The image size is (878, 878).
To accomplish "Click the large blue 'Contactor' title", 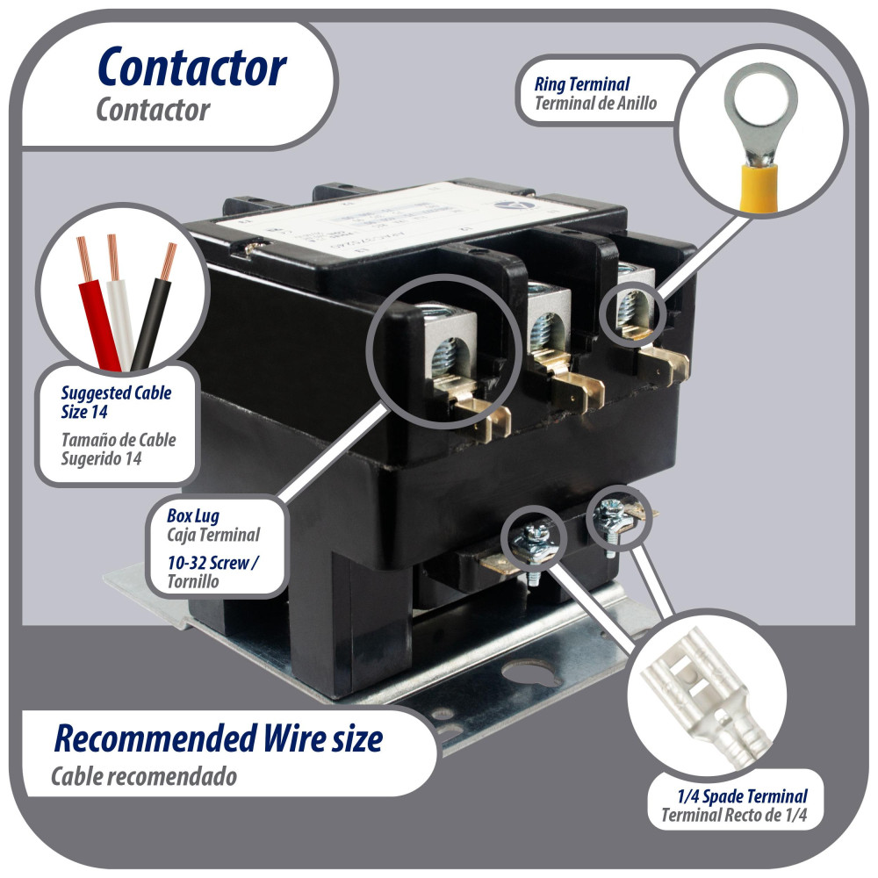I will (191, 68).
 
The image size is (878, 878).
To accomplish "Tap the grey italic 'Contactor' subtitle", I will (153, 111).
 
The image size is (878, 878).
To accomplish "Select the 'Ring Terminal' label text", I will (582, 85).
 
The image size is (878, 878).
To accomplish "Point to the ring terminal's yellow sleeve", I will (760, 185).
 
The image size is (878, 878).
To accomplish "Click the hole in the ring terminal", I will (760, 99).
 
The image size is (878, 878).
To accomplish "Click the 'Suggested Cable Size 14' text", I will (116, 401).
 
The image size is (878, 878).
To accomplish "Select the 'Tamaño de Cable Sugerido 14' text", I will (119, 449).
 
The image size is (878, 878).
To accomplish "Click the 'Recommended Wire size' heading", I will (219, 738).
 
